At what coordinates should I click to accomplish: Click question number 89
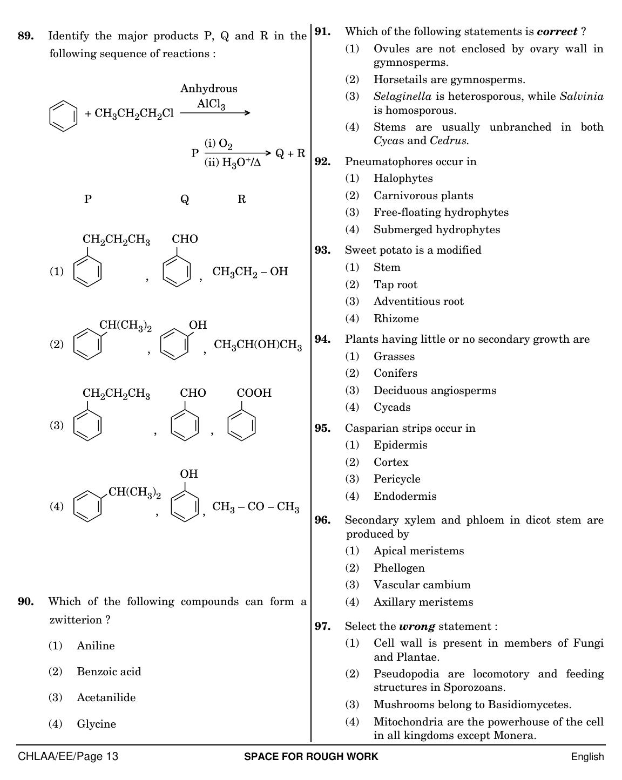(26, 36)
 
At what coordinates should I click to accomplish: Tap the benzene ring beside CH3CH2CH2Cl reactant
(63, 116)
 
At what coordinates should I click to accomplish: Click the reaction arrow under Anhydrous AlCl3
(215, 113)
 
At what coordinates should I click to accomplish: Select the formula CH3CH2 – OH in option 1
(250, 272)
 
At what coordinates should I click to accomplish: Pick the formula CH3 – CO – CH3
(256, 507)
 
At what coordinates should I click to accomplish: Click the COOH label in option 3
(254, 392)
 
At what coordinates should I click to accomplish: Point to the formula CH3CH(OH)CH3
(258, 345)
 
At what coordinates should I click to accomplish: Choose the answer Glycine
(97, 724)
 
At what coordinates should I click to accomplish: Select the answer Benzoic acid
(109, 672)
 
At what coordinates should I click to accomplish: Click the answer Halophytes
(403, 178)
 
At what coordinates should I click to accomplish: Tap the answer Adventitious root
(418, 301)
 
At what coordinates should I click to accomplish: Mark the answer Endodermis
(405, 496)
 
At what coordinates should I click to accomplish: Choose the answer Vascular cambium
(422, 585)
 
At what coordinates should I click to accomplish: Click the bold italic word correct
(557, 31)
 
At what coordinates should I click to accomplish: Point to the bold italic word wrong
(417, 626)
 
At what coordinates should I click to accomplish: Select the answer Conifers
(395, 373)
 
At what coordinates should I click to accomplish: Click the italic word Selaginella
(403, 97)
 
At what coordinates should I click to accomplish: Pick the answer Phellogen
(399, 568)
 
